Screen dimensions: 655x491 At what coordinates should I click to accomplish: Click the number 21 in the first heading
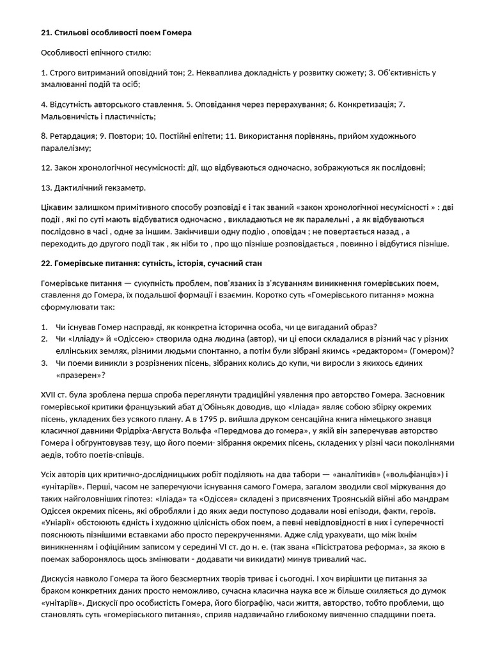(45, 32)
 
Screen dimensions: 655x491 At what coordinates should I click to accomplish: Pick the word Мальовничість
(70, 116)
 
